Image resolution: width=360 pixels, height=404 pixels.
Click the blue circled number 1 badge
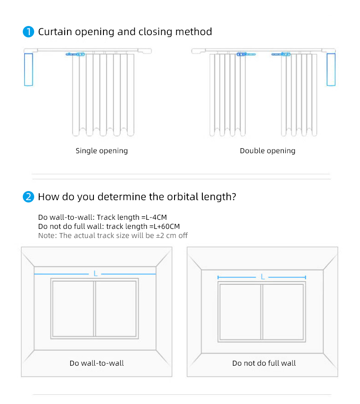29,32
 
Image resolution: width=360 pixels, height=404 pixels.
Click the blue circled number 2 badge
29,197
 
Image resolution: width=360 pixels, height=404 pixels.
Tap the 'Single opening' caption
102,151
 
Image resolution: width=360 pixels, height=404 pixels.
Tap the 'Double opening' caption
267,151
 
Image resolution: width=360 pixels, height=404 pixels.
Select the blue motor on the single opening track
28,69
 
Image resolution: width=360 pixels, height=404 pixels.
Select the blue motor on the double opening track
331,69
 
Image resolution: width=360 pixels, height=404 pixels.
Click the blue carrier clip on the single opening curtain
76,54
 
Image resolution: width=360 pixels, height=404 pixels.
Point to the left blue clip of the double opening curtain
245,54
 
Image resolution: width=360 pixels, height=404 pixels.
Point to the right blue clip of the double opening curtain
281,54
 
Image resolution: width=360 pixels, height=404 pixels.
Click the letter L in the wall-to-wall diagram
95,274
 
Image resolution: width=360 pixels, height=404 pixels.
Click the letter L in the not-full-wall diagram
262,277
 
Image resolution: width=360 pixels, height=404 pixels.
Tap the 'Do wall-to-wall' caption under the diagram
97,363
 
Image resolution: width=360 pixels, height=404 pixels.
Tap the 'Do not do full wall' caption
264,363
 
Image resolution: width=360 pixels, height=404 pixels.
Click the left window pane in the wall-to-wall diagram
73,308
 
